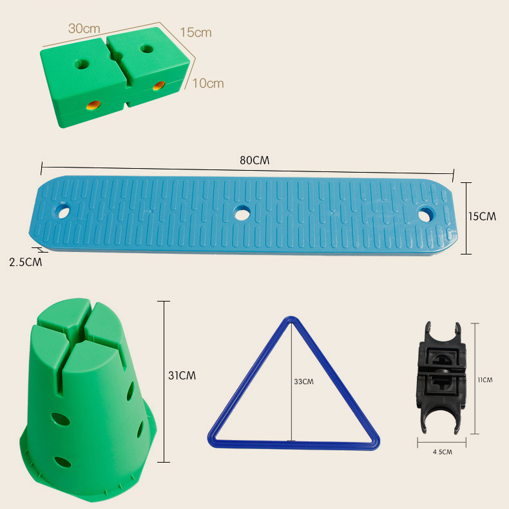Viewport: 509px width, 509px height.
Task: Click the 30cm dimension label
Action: (84, 28)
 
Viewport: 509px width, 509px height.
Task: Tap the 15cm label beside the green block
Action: (196, 32)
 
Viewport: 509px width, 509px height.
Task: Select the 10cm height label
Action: (208, 83)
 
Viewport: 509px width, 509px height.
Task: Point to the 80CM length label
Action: (255, 160)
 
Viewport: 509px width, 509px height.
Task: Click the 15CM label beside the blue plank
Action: (482, 216)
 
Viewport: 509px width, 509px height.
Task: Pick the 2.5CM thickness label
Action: (26, 262)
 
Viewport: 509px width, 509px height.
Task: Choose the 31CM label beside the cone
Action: (182, 376)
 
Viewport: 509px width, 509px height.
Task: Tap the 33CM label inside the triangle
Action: (304, 381)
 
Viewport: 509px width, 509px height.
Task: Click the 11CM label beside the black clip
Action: (485, 379)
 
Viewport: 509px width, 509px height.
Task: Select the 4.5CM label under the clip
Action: (442, 452)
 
